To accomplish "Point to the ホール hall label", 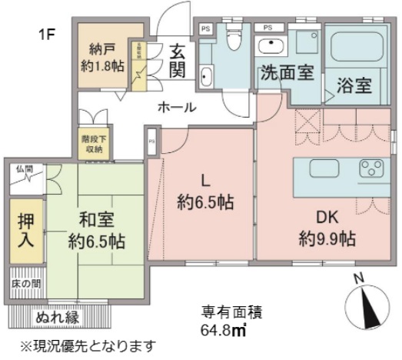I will click(x=176, y=108).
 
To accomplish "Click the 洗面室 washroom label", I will click(x=286, y=75).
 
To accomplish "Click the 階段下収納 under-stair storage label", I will click(x=90, y=144).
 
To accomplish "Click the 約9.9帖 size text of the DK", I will click(x=327, y=238).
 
